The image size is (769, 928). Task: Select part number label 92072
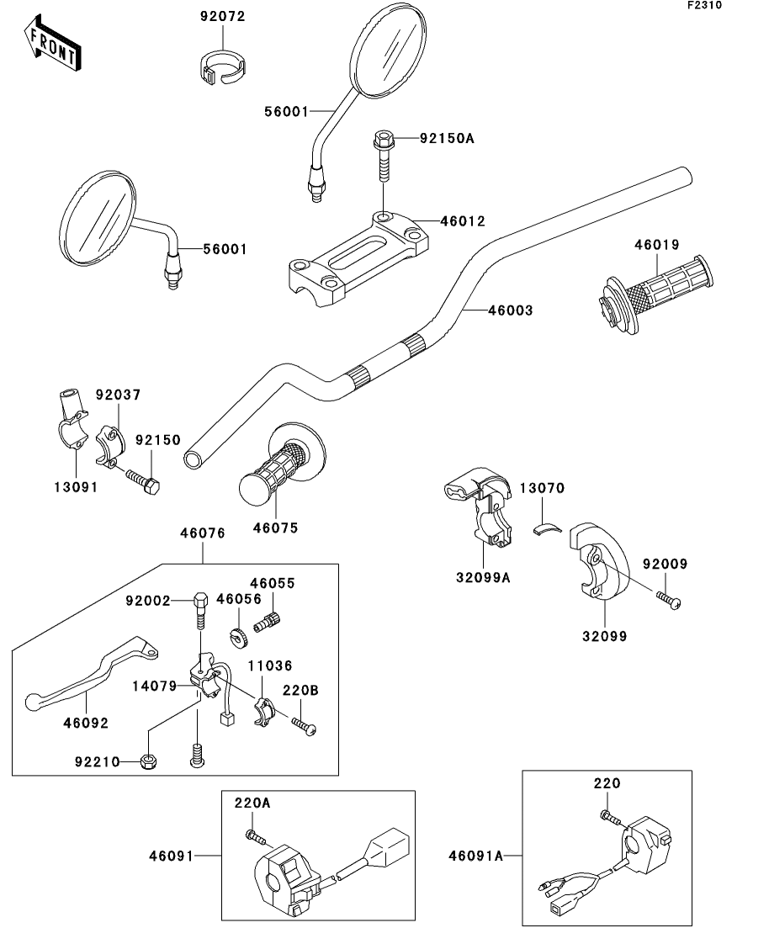(223, 16)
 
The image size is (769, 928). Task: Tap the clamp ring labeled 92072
(223, 66)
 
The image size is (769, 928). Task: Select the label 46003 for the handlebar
(510, 310)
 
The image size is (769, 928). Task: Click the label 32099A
(485, 578)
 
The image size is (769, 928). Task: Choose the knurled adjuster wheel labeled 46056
(238, 637)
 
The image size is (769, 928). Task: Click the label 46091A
(475, 856)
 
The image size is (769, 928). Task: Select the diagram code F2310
(704, 5)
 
